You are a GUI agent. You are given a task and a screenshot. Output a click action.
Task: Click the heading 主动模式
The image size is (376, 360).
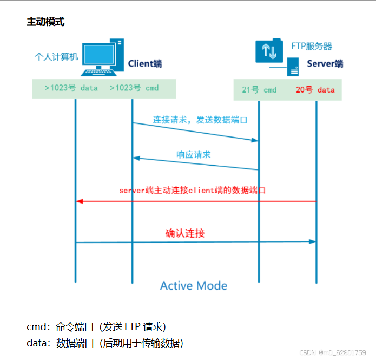[x=45, y=22]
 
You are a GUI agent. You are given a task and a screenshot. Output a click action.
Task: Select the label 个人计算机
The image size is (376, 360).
[x=56, y=56]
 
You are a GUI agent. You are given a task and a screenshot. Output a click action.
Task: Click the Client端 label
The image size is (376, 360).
[x=144, y=64]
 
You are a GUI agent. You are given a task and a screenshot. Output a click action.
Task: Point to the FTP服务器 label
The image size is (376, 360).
[x=312, y=47]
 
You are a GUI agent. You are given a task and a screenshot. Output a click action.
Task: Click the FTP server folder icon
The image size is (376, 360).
[x=269, y=51]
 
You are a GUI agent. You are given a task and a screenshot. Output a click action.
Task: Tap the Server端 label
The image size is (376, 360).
[x=325, y=64]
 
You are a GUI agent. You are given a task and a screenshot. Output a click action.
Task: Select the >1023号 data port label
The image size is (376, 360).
[x=71, y=88]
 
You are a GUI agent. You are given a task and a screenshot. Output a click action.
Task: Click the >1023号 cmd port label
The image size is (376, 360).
[x=134, y=88]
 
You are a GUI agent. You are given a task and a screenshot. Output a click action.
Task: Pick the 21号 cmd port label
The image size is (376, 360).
[x=259, y=90]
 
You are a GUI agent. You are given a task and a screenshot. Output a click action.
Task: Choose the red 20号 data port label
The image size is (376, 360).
[x=315, y=90]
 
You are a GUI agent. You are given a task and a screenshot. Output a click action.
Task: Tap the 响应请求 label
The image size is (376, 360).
[x=194, y=155]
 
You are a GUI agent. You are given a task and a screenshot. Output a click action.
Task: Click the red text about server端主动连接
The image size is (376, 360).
[x=193, y=191]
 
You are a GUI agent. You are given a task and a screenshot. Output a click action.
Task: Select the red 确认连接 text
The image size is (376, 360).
[x=185, y=233]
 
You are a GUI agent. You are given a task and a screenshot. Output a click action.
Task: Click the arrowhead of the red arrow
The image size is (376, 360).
[x=80, y=201]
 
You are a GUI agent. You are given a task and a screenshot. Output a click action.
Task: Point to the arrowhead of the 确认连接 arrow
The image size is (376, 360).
[x=312, y=241]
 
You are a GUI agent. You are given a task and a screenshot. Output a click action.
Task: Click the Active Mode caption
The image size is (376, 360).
[x=194, y=285]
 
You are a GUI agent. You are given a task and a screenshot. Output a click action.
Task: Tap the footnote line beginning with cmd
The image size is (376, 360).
[x=96, y=326]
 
